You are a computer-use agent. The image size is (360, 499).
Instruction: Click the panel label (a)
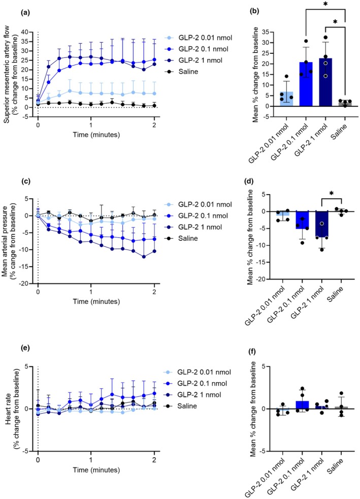pyautogui.click(x=24, y=13)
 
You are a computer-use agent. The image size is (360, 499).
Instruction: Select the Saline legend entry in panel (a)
pyautogui.click(x=183, y=72)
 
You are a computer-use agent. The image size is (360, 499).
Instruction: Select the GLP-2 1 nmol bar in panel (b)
pyautogui.click(x=325, y=82)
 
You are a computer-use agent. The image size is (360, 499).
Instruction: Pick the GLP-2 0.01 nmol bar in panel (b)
pyautogui.click(x=286, y=99)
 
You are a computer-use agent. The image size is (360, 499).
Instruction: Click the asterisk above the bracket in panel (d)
pyautogui.click(x=332, y=193)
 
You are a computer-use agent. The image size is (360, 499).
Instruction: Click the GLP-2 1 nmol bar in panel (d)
pyautogui.click(x=322, y=224)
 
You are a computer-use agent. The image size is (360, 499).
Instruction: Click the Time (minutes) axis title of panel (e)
pyautogui.click(x=96, y=470)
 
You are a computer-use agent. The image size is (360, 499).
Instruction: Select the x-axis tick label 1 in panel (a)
pyautogui.click(x=91, y=125)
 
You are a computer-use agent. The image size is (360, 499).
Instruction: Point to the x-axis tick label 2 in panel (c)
pyautogui.click(x=154, y=292)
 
